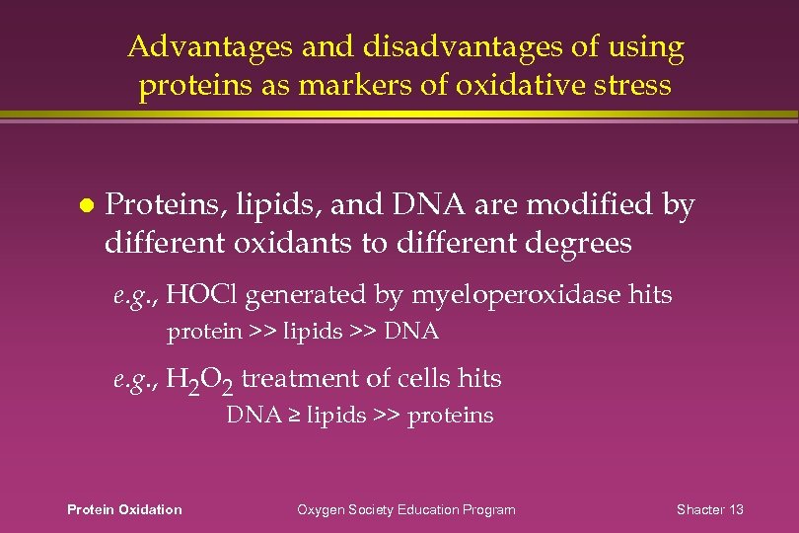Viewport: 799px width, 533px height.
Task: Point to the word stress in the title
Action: [630, 86]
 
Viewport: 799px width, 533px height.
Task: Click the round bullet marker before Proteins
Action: [86, 206]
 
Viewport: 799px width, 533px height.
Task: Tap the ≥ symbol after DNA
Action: [294, 416]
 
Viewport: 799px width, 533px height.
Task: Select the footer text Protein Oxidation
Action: [123, 509]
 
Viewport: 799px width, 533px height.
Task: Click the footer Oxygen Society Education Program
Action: [406, 509]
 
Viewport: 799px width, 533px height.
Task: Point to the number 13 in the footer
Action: [736, 509]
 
